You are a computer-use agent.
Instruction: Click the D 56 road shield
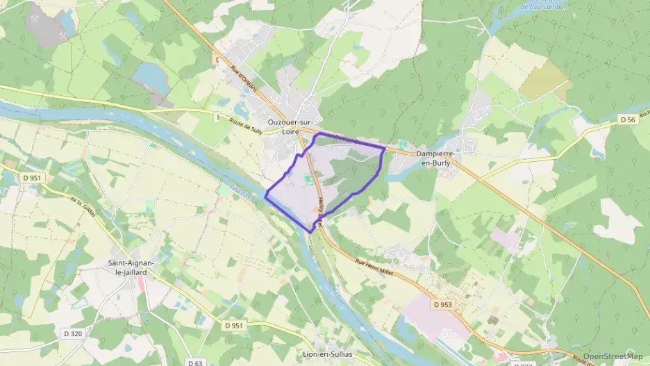[x=628, y=120]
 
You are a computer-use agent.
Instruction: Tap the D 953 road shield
[x=442, y=304]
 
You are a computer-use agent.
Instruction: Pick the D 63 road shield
[x=195, y=363]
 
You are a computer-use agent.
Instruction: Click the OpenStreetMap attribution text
[x=612, y=356]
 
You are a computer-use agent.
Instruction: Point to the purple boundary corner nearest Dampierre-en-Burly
[x=384, y=148]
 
